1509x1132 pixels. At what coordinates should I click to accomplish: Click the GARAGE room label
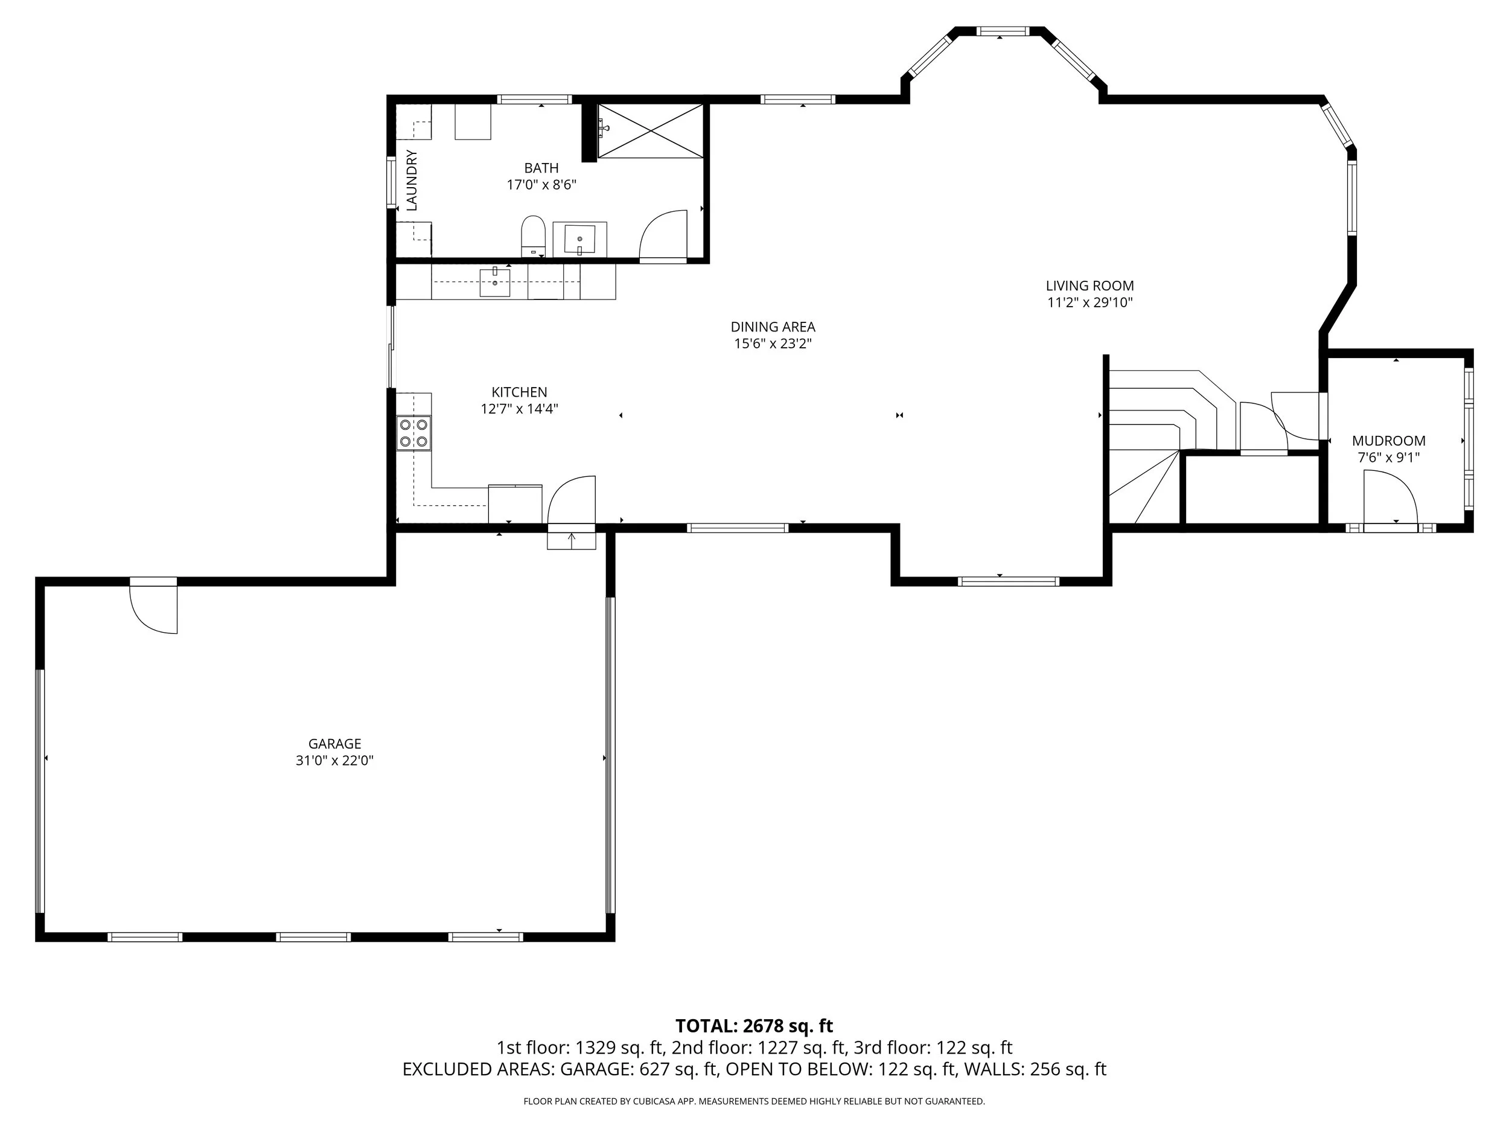tap(334, 744)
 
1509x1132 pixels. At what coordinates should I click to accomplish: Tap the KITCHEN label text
tap(519, 392)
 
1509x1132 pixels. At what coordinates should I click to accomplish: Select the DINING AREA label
tap(773, 327)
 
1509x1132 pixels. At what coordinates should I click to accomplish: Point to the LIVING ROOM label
tap(1090, 286)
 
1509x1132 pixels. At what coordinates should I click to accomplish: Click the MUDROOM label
tap(1389, 441)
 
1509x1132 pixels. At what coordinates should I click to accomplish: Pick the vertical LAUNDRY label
tap(412, 180)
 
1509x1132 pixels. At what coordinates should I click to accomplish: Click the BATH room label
tap(541, 168)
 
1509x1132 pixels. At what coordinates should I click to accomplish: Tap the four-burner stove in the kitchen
tap(414, 433)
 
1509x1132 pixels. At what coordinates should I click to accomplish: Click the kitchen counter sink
tap(494, 282)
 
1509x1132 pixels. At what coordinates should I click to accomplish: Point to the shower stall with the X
tap(650, 132)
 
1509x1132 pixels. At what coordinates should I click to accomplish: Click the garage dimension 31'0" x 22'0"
tap(334, 761)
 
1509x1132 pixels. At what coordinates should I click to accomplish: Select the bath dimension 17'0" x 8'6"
tap(541, 185)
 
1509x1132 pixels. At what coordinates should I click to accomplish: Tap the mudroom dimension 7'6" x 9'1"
tap(1389, 458)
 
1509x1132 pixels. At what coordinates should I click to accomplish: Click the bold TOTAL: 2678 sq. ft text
tap(754, 1026)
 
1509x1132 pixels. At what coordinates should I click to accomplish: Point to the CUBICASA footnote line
tap(754, 1101)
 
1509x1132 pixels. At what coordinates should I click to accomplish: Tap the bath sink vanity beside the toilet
tap(580, 240)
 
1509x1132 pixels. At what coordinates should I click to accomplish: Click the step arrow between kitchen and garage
tap(572, 539)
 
